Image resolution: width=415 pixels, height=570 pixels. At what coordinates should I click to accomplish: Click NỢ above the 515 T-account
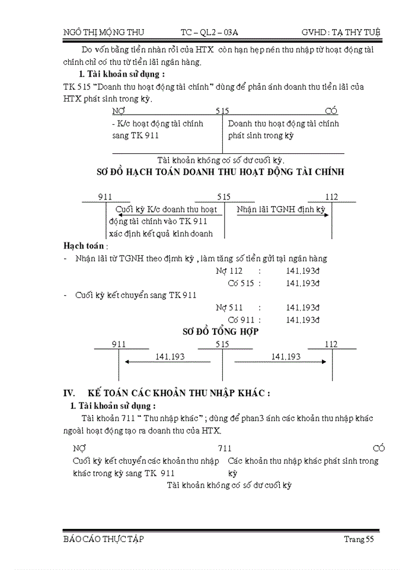(118, 111)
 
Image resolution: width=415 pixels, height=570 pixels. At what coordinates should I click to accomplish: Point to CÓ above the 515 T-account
(331, 111)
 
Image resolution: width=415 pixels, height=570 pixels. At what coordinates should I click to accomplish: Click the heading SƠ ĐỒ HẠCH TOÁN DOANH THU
(220, 172)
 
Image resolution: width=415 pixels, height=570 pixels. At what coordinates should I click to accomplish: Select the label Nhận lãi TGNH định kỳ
(281, 210)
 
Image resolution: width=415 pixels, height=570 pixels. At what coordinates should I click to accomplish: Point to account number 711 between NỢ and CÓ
(225, 448)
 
